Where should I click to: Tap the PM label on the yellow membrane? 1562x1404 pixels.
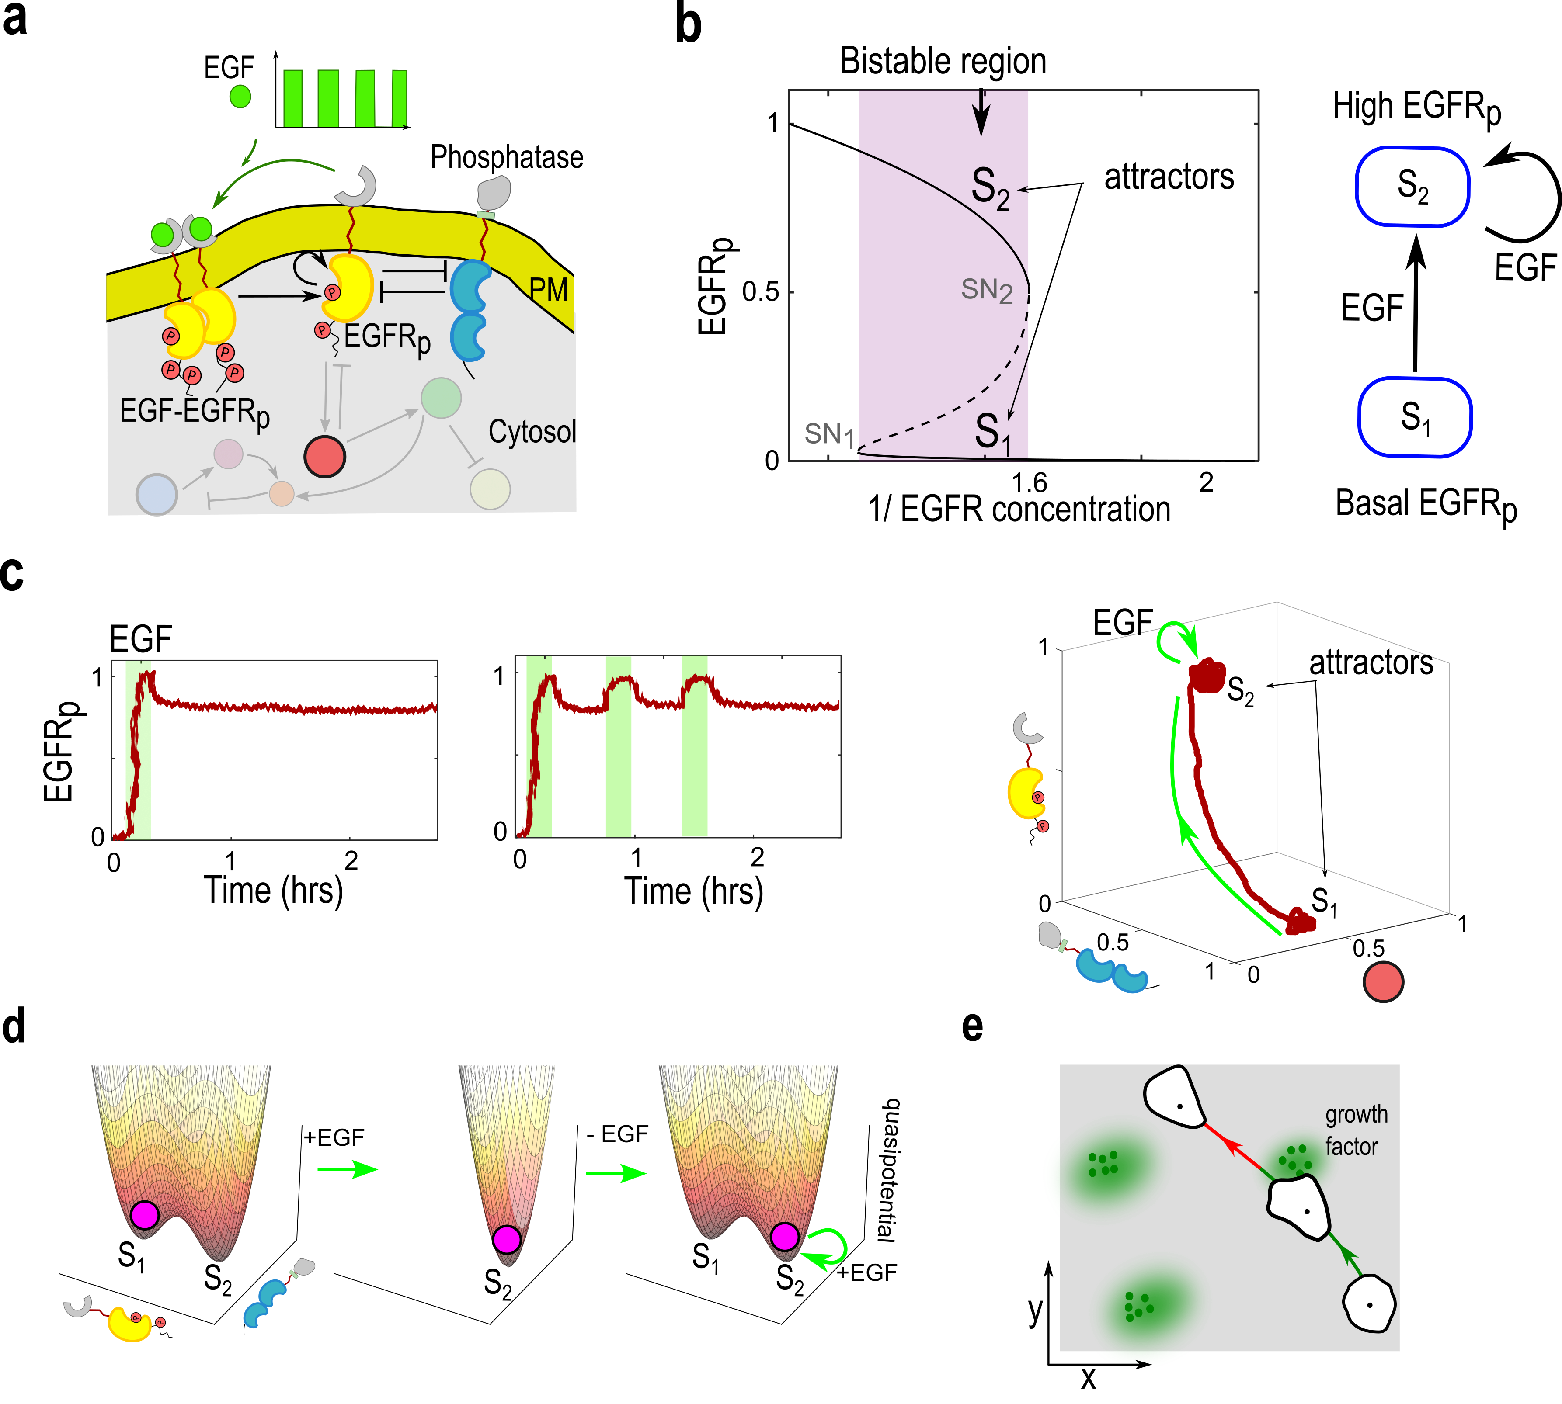coord(549,290)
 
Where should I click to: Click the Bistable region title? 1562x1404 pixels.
coord(943,61)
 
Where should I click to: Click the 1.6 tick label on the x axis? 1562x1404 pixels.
coord(1029,483)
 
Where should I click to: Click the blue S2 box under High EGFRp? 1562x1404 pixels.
coord(1413,187)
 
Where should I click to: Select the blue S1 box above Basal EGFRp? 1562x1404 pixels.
coord(1416,417)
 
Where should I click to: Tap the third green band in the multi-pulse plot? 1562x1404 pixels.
coord(695,746)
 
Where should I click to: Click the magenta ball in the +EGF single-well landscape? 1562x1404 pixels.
coord(507,1240)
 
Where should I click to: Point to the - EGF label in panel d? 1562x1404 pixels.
coord(617,1134)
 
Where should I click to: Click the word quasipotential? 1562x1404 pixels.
coord(889,1169)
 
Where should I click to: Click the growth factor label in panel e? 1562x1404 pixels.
coord(1356,1130)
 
